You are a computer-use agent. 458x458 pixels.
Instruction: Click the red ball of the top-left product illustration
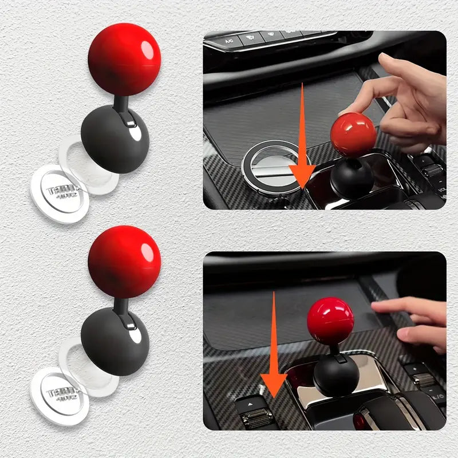click(x=124, y=59)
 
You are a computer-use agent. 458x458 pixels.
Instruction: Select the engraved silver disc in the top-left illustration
click(x=59, y=191)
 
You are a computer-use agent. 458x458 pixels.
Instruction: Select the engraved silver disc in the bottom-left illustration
click(x=59, y=394)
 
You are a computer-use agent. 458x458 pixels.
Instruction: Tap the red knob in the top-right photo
click(x=353, y=133)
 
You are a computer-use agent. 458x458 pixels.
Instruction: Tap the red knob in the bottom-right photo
click(x=330, y=321)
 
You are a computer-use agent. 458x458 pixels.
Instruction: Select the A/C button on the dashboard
click(x=230, y=41)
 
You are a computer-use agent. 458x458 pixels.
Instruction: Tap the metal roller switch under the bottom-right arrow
click(x=256, y=418)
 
